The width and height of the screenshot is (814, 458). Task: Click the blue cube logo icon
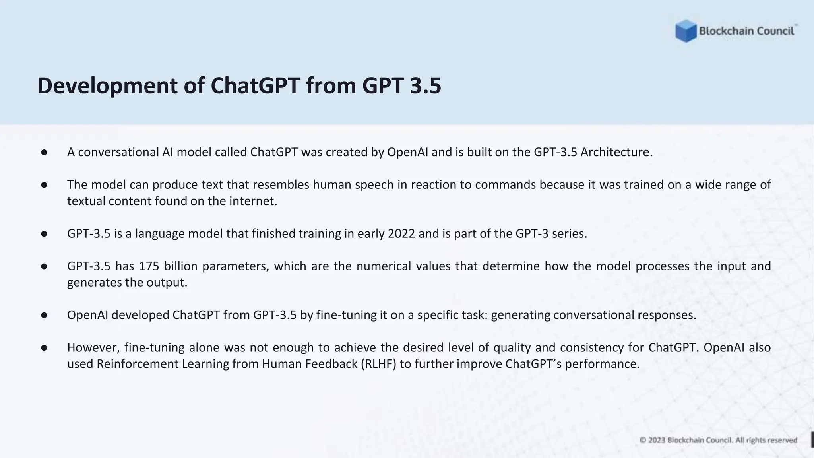[x=686, y=31]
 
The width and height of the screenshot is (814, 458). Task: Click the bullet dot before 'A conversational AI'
[x=44, y=153]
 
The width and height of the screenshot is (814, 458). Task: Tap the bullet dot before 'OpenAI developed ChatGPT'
[x=44, y=315]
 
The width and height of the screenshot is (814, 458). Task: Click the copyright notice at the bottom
[x=718, y=440]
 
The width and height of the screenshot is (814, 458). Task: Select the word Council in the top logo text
[x=777, y=31]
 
